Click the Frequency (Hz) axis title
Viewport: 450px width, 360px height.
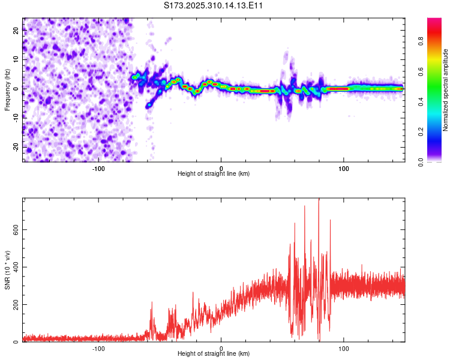(7, 90)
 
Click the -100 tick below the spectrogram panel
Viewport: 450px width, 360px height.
(98, 168)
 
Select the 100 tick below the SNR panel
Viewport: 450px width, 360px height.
(344, 348)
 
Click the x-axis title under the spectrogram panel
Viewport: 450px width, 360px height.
(214, 174)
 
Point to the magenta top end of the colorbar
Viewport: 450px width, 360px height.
(434, 21)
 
